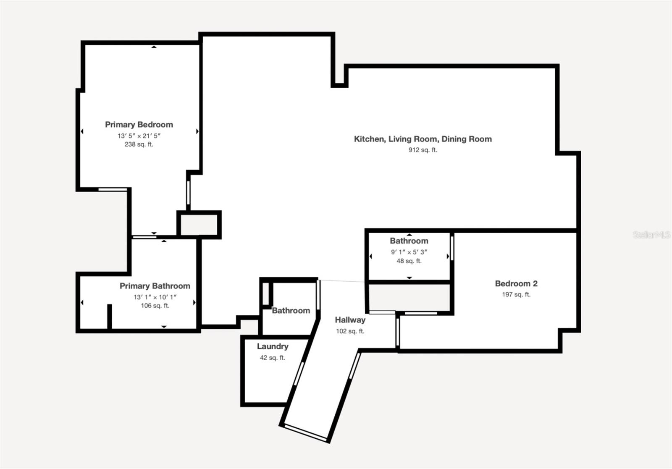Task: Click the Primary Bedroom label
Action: (139, 125)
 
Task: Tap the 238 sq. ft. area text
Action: (139, 144)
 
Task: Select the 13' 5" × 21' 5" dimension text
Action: (139, 136)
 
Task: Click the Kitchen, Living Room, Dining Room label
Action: (423, 139)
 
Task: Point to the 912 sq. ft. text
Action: (423, 150)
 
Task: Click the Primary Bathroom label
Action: (155, 286)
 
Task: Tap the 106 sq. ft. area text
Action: (155, 306)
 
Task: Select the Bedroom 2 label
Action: (516, 283)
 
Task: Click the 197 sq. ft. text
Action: (516, 294)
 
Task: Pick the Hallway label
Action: (350, 320)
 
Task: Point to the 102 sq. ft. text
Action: (350, 331)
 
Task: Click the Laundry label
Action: (273, 346)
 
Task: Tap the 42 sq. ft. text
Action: (273, 358)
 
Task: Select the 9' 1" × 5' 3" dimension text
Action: (409, 252)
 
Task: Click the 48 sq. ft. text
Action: (409, 261)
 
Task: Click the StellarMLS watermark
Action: (651, 235)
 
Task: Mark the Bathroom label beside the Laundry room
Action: (291, 311)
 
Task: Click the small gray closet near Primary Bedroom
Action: (199, 225)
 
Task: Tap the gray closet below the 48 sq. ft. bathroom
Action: (409, 297)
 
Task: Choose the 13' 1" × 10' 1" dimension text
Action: (155, 297)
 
